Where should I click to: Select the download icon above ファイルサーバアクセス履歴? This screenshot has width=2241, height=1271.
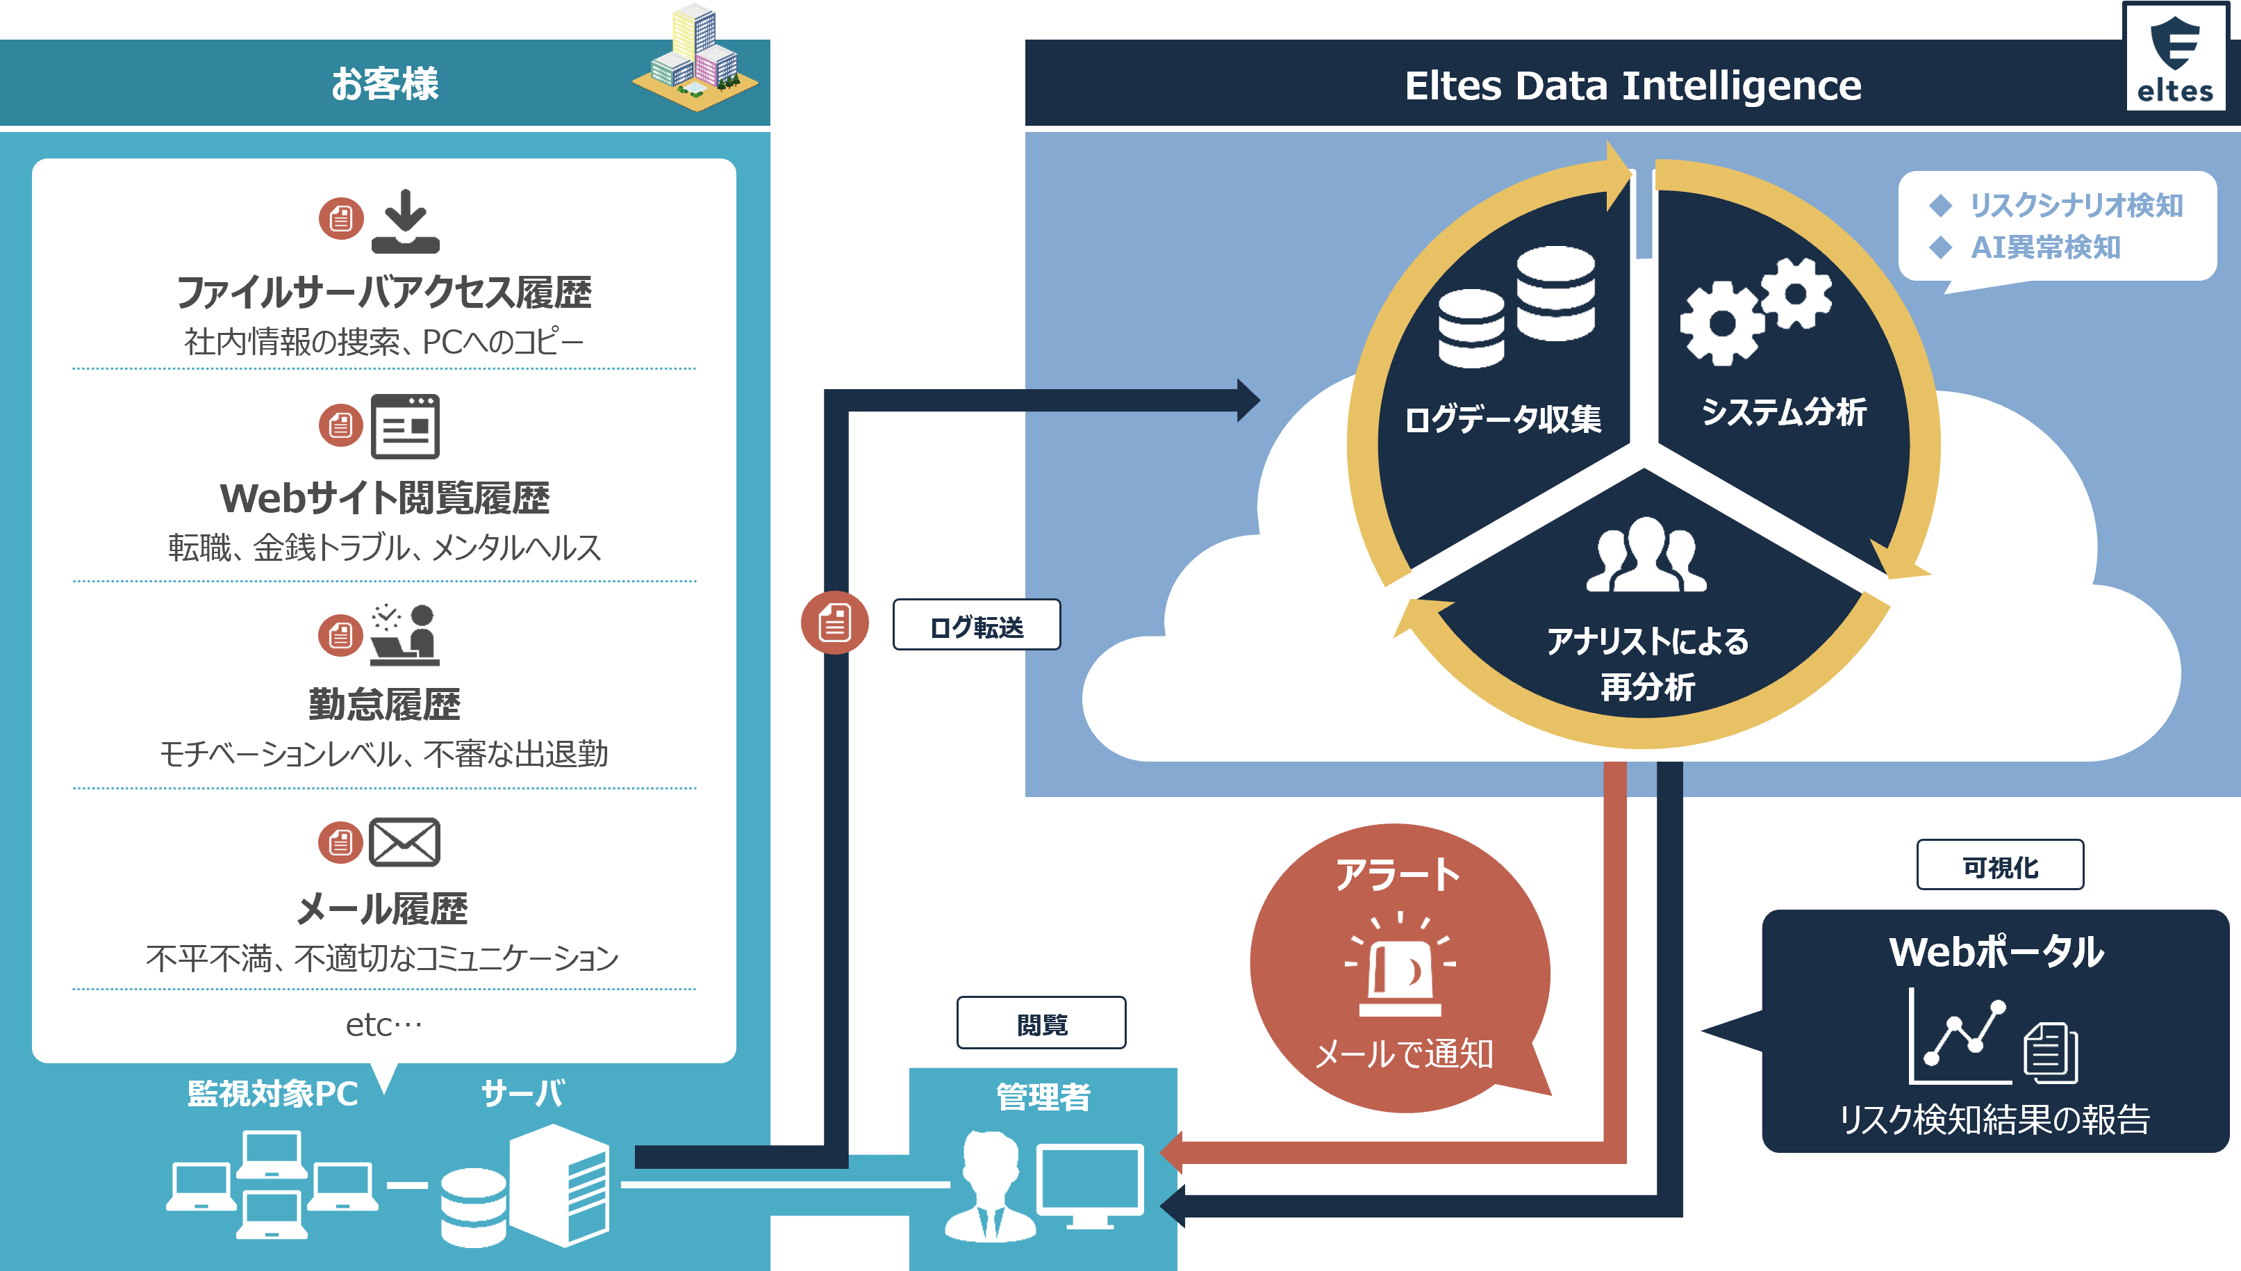[406, 222]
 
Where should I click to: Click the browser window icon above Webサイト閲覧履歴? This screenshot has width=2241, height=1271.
[405, 427]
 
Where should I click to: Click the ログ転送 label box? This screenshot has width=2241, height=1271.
[977, 625]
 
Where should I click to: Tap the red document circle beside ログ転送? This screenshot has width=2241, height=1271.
[834, 623]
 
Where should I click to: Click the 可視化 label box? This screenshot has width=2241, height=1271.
[1999, 867]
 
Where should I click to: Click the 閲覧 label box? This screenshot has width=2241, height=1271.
[1041, 1023]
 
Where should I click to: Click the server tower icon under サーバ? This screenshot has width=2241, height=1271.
[559, 1185]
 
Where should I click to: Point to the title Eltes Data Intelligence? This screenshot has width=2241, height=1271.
[1632, 85]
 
